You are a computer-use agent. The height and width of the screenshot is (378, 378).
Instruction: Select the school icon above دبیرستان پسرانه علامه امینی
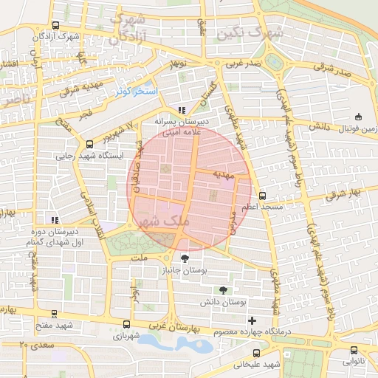coord(182,110)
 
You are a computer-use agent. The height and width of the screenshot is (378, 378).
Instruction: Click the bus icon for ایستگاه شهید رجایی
coord(89,145)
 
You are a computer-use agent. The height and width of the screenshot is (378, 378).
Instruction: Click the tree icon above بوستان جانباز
coord(185,258)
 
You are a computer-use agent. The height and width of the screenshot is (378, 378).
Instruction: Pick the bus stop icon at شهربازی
coord(127,323)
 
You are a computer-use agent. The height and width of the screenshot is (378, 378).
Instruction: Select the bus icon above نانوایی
coord(354,351)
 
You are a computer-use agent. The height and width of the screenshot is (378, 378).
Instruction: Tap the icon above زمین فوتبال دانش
coord(359,116)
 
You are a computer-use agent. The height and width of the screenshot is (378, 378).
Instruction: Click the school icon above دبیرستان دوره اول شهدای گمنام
coord(53,219)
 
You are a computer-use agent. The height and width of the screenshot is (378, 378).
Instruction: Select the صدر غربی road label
coord(244,64)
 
